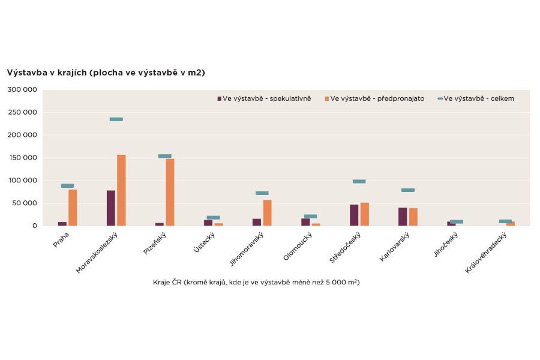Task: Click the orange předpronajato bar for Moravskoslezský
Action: pos(121,190)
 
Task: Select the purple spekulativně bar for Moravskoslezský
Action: pos(111,208)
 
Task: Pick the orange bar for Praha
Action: pos(73,208)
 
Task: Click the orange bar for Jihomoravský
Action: pos(267,213)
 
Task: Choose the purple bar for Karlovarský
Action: pos(403,217)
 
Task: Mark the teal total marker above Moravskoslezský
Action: pos(116,119)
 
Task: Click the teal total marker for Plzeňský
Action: pos(164,156)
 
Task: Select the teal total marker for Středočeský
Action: pos(359,181)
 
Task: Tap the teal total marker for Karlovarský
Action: pos(408,190)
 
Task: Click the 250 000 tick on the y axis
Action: pos(22,112)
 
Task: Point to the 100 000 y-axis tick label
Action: pos(22,181)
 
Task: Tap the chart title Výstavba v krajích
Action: pos(106,73)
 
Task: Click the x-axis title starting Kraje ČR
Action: pos(256,282)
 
